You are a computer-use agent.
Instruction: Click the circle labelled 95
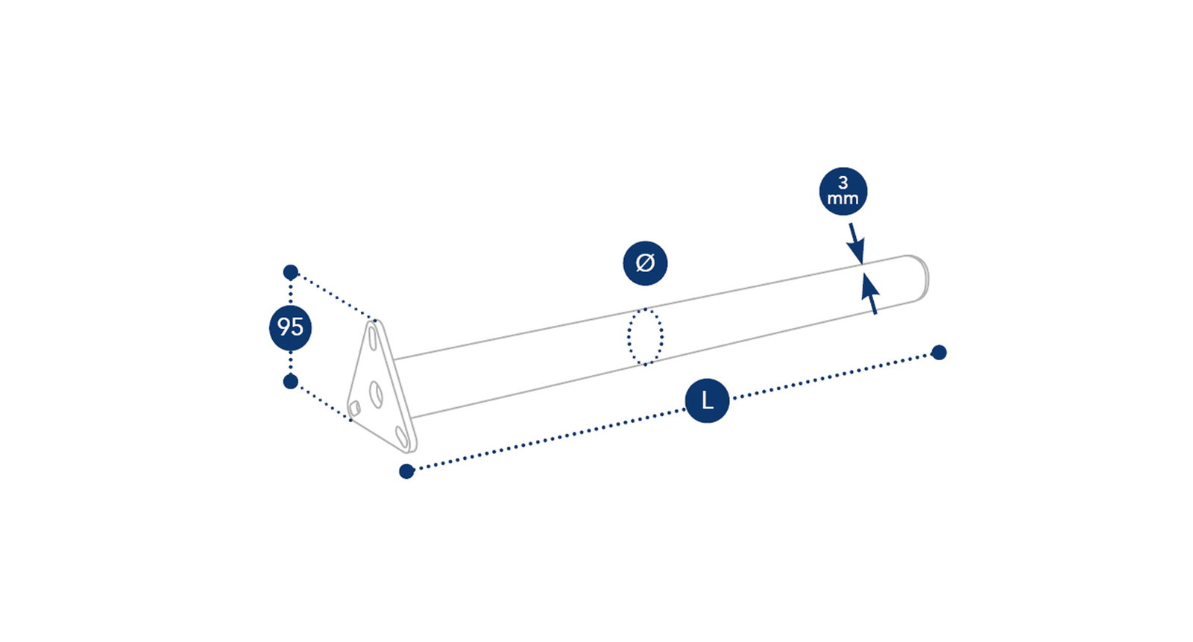(290, 327)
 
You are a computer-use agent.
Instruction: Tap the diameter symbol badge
(645, 263)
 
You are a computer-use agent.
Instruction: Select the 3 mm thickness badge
(843, 192)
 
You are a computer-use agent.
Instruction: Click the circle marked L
(707, 400)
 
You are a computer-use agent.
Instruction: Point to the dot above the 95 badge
(290, 272)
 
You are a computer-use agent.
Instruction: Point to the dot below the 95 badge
(290, 382)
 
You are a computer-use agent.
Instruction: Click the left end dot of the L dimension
(406, 471)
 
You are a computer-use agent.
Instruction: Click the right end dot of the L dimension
(939, 352)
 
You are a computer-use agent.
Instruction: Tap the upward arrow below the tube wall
(869, 294)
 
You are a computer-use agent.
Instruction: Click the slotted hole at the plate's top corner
(373, 339)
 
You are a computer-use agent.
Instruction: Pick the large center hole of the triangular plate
(376, 394)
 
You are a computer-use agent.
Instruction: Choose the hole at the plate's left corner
(354, 409)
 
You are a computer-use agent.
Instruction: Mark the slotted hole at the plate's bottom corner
(402, 436)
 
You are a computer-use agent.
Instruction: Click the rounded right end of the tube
(921, 277)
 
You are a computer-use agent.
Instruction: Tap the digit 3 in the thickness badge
(843, 183)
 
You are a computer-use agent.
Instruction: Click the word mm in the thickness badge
(843, 199)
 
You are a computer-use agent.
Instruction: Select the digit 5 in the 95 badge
(298, 327)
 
